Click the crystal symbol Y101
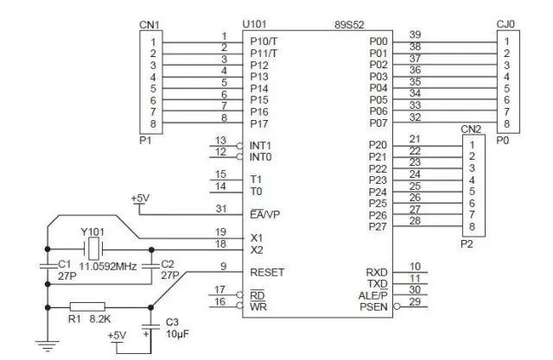pos(93,249)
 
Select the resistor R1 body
pos(87,307)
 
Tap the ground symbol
pos(48,345)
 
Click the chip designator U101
pos(254,24)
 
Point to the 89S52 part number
pos(349,25)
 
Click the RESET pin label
pos(267,272)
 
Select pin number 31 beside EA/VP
pos(221,209)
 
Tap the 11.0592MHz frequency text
pos(107,266)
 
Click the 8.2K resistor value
pos(100,319)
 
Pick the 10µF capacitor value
pos(177,333)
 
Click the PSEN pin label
pos(373,306)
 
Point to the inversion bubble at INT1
pos(240,146)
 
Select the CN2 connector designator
pos(471,129)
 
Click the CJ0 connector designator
pos(505,24)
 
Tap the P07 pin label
pos(378,123)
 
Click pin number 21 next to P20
pos(415,139)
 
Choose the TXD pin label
pos(378,284)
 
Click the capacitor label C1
pos(65,264)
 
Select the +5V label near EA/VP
pos(140,199)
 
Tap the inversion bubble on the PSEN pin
pos(397,306)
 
